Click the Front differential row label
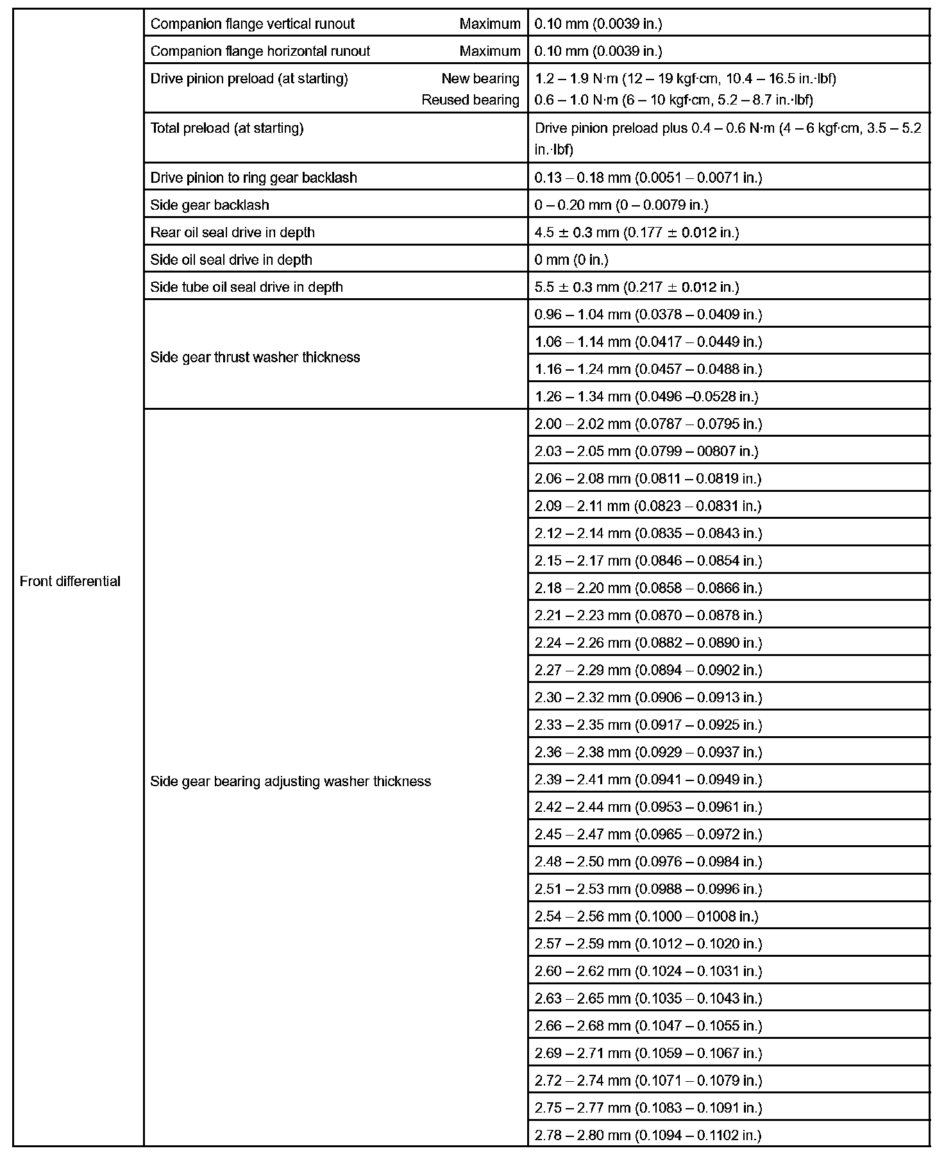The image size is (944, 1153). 70,581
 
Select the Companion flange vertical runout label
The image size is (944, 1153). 252,24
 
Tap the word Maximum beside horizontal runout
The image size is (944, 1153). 490,51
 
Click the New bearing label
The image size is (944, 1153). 480,79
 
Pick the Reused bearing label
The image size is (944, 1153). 470,100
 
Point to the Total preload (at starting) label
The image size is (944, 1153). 227,128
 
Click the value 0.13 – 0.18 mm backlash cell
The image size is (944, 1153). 648,178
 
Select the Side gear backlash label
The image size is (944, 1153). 210,205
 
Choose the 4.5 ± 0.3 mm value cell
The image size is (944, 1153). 636,232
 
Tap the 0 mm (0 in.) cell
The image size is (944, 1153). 571,260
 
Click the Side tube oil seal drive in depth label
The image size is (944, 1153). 246,287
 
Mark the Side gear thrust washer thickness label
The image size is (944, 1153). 255,357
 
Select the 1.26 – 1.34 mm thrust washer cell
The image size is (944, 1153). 646,397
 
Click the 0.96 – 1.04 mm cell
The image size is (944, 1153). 648,315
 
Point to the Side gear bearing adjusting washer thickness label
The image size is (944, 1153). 291,781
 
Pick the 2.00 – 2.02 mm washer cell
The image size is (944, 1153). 648,424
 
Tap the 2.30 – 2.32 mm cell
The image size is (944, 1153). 648,698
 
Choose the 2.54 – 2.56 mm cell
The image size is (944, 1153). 646,916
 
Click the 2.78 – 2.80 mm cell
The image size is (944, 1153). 648,1135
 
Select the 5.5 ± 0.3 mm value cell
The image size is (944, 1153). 636,287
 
